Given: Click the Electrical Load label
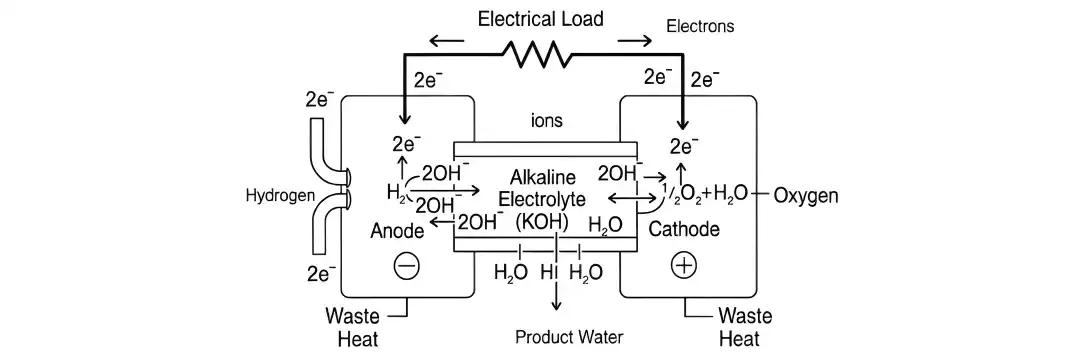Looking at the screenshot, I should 540,18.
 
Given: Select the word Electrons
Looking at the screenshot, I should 700,27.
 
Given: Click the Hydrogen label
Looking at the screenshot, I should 279,196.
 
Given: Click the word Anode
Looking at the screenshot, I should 397,231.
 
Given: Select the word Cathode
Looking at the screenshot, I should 684,230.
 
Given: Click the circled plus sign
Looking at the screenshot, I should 684,266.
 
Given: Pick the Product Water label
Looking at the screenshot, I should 568,337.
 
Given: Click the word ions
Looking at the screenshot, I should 546,121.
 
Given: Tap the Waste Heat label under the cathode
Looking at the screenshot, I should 746,328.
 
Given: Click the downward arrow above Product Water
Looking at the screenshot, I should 556,300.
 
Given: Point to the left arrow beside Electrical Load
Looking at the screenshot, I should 445,41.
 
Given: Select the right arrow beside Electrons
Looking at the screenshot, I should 634,41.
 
